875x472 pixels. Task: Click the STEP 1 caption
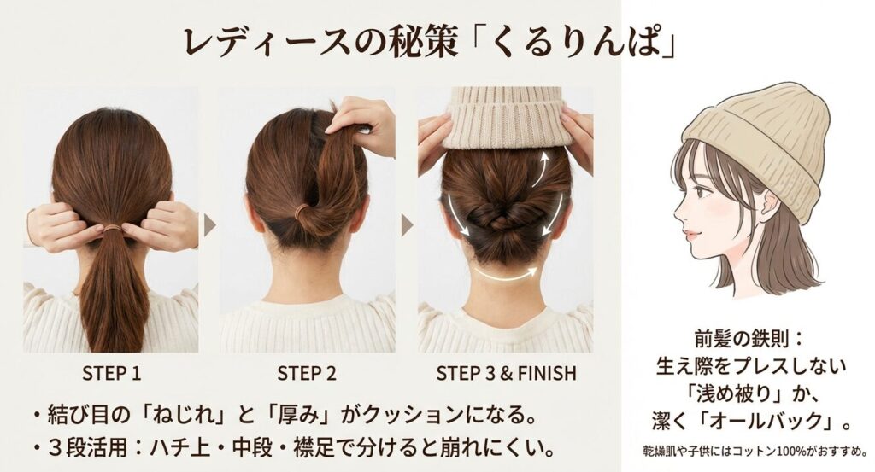[x=111, y=373]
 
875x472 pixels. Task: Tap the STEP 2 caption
[x=307, y=373]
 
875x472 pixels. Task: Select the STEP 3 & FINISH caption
[x=506, y=373]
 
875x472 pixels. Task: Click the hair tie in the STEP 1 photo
[x=111, y=228]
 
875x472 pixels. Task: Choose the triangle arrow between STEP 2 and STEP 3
[x=407, y=225]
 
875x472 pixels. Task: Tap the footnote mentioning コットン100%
[x=754, y=450]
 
